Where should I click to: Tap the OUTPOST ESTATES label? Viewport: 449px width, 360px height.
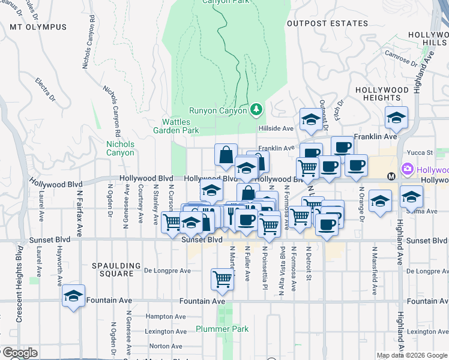tap(327, 23)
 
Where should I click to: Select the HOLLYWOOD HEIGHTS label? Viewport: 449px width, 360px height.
tap(382, 94)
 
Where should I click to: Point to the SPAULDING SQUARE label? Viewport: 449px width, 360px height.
tap(112, 269)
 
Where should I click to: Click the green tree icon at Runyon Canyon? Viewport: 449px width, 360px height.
tap(256, 109)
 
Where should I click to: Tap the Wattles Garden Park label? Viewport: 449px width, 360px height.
tap(176, 126)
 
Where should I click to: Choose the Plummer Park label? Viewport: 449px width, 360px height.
tap(222, 329)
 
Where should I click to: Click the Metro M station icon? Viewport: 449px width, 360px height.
tap(391, 176)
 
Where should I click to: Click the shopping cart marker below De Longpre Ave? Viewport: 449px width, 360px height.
tap(222, 279)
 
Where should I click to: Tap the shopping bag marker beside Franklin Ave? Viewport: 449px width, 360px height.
tap(226, 155)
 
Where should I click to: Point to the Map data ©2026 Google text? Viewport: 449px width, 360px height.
tap(412, 355)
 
